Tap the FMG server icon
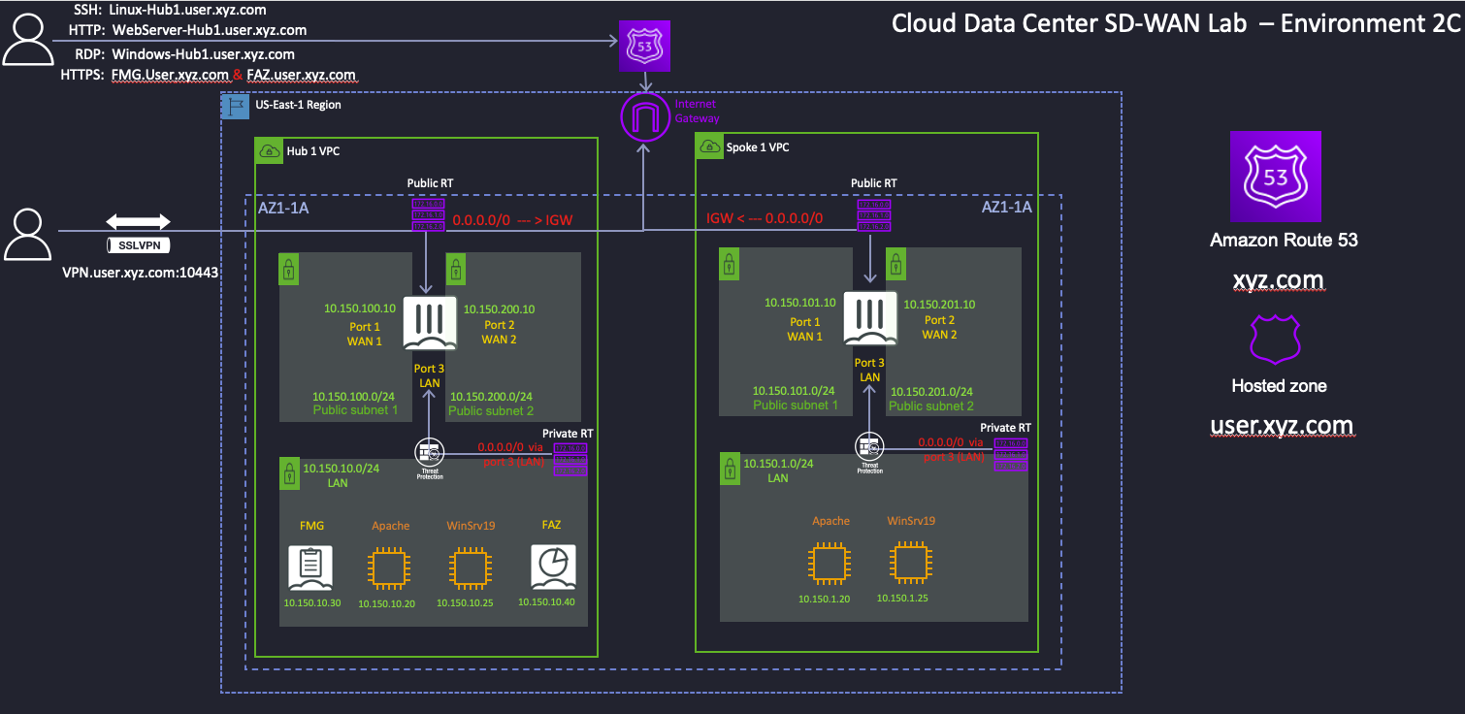[310, 568]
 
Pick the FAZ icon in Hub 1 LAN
[553, 568]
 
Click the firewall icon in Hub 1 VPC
[429, 325]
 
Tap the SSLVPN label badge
[138, 245]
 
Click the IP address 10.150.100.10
[360, 308]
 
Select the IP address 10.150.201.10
[939, 304]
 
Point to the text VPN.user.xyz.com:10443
[141, 273]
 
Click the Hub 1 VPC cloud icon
[269, 150]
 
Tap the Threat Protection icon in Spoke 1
[868, 447]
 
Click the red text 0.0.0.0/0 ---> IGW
[512, 220]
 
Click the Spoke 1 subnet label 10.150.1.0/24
[777, 464]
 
